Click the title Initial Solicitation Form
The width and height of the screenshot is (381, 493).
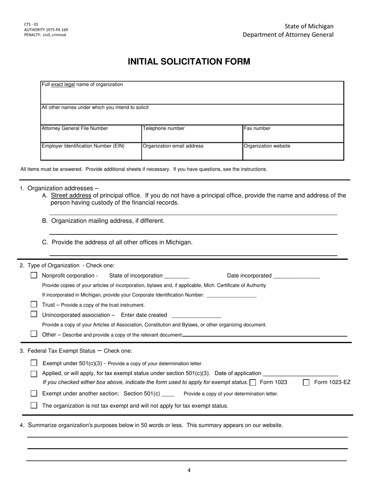pos(189,62)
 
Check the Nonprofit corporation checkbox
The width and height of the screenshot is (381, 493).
pos(34,275)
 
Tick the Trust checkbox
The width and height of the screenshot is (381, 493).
pos(34,305)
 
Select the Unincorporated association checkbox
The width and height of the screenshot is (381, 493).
pos(34,314)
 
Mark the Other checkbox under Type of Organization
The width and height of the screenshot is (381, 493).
pos(34,334)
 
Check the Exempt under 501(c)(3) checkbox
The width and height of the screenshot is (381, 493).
pos(34,363)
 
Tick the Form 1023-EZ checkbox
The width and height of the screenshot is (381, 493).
pos(306,382)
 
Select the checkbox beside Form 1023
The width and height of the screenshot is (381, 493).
pos(253,382)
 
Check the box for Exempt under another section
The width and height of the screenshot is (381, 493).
pos(34,394)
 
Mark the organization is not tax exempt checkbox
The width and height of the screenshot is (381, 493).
pos(34,405)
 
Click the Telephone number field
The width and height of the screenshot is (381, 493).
pos(192,136)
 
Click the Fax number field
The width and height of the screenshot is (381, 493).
pos(293,136)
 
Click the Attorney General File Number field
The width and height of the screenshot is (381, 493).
pos(91,136)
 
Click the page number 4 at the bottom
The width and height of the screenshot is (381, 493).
pos(189,471)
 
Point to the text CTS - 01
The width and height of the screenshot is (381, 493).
pos(31,24)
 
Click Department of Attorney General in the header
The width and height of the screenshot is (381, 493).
pos(288,35)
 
